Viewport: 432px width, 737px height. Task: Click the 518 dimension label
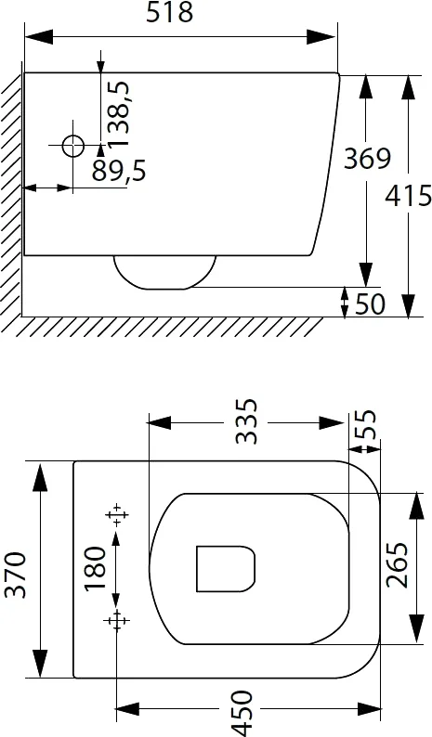pos(169,12)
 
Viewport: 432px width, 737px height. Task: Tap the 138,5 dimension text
pos(118,114)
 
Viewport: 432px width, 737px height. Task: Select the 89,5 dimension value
pos(119,170)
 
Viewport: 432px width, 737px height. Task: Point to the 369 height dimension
pos(367,158)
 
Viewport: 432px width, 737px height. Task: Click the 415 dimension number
pos(408,196)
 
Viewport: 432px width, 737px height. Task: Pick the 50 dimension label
pos(370,304)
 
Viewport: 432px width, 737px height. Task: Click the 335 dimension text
pos(246,421)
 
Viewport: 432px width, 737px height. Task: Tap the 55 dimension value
pos(366,424)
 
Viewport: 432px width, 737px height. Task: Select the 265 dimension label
pos(397,565)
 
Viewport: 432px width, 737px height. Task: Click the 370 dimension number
pos(15,575)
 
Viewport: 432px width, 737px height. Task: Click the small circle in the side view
pos(73,145)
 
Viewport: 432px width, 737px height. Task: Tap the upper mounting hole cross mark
pos(116,514)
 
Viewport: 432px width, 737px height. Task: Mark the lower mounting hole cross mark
pos(116,621)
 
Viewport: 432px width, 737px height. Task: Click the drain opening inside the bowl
pos(226,569)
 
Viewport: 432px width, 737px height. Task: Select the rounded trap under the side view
pos(164,273)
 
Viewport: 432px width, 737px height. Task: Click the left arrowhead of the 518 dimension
pos(39,36)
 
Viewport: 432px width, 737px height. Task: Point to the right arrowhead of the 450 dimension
pos(369,709)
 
